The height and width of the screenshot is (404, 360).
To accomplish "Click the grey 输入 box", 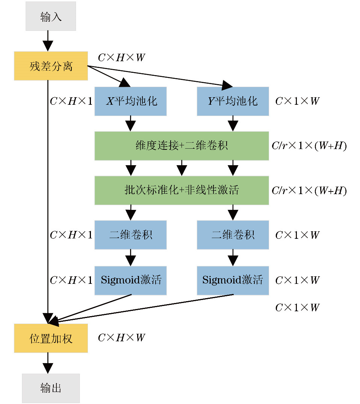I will pyautogui.click(x=51, y=16).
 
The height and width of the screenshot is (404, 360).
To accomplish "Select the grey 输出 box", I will pyautogui.click(x=51, y=388).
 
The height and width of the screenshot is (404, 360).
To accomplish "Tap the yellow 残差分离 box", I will pyautogui.click(x=51, y=66).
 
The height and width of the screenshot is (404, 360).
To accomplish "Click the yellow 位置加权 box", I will pyautogui.click(x=51, y=338).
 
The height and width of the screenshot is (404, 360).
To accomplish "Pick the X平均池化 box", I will pyautogui.click(x=130, y=101).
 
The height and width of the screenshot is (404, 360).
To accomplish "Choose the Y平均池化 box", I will pyautogui.click(x=233, y=101).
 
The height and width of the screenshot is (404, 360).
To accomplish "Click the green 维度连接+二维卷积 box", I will pyautogui.click(x=182, y=146).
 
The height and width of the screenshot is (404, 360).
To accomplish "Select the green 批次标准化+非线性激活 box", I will pyautogui.click(x=182, y=190).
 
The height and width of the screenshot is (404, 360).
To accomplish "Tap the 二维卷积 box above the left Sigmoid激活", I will pyautogui.click(x=130, y=235).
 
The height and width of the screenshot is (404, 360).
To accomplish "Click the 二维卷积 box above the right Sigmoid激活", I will pyautogui.click(x=233, y=235).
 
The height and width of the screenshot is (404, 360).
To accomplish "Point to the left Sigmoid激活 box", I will pyautogui.click(x=130, y=280).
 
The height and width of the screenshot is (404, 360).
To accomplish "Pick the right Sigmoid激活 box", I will pyautogui.click(x=233, y=280).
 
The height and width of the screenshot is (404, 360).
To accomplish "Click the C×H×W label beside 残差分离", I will pyautogui.click(x=121, y=58).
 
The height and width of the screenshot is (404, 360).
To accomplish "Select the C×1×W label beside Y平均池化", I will pyautogui.click(x=297, y=101).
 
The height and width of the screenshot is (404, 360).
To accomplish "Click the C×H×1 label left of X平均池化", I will pyautogui.click(x=71, y=101).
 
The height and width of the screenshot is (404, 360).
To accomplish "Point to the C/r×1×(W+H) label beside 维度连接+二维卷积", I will pyautogui.click(x=309, y=146).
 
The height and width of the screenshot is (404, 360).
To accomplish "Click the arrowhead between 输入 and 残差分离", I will pyautogui.click(x=48, y=46).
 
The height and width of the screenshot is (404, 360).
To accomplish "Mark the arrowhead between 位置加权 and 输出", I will pyautogui.click(x=48, y=368).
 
